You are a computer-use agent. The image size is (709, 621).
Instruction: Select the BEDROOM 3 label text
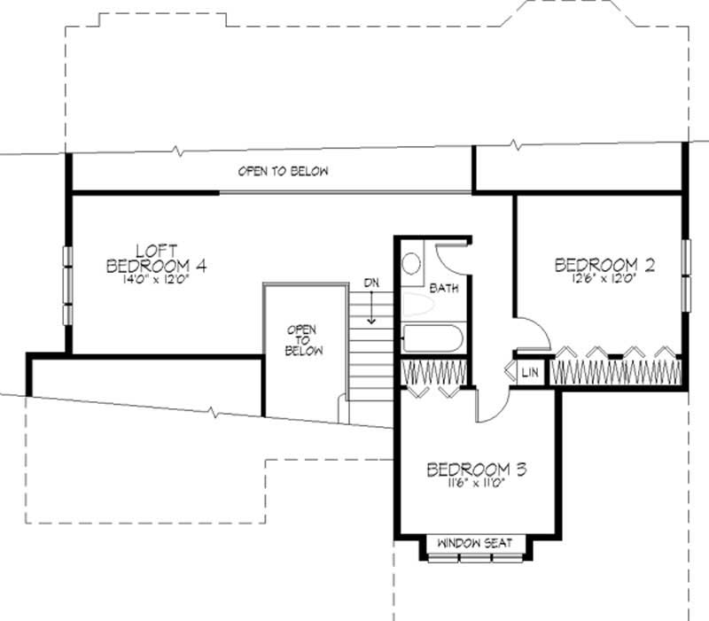[476, 470]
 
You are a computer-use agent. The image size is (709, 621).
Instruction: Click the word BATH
[443, 289]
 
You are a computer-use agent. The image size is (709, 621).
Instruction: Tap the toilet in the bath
[412, 264]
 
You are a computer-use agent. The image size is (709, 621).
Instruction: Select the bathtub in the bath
[431, 339]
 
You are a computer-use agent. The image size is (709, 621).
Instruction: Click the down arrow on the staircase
[372, 310]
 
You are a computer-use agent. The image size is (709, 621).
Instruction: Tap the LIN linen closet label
[529, 372]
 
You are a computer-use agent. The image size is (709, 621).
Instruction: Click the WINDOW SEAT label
[475, 543]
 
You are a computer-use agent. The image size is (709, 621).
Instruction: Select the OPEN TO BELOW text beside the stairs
[301, 339]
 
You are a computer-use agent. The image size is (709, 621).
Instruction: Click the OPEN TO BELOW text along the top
[283, 171]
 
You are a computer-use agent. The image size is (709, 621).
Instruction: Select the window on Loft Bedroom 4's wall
[67, 284]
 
